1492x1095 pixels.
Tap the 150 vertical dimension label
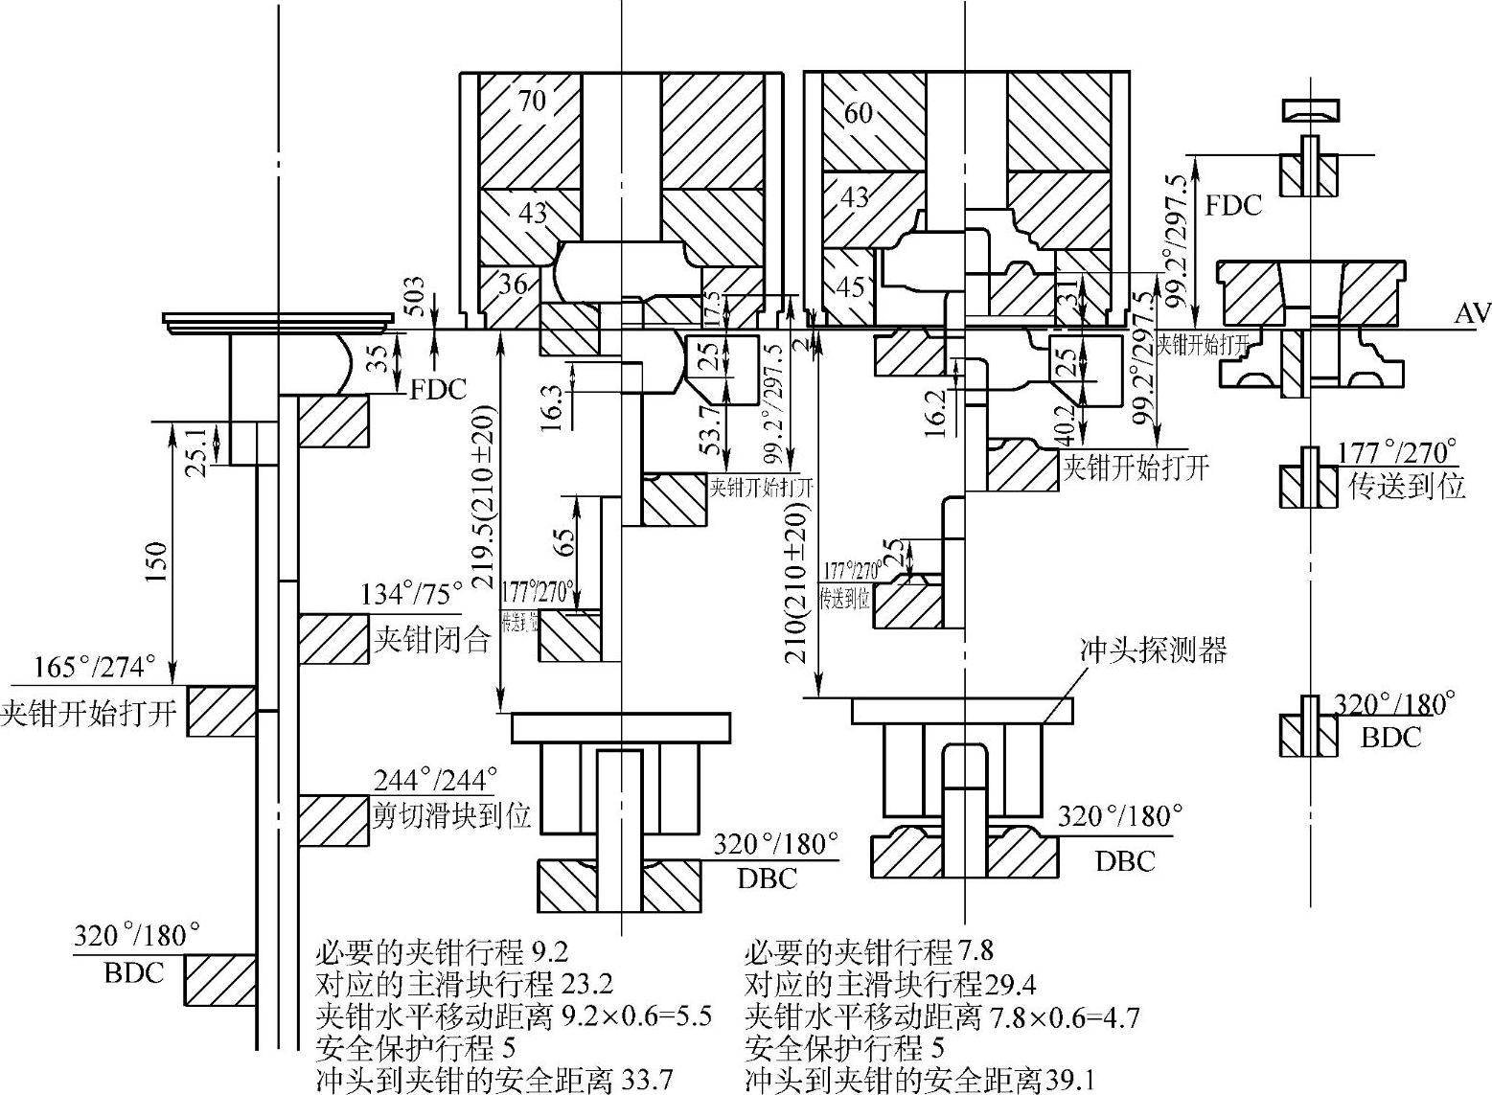coord(156,562)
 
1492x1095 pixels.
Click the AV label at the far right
coord(1472,313)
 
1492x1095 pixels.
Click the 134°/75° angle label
coord(411,595)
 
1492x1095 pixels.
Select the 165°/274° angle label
coord(95,667)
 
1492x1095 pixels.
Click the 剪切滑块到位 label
coord(450,816)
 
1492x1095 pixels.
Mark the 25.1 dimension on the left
coord(198,442)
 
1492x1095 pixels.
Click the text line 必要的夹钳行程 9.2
coord(442,952)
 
